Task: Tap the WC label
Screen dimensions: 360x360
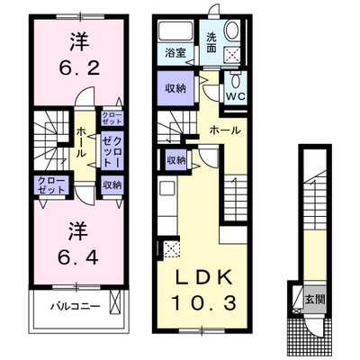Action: click(236, 96)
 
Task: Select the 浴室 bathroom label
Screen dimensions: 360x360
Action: click(175, 53)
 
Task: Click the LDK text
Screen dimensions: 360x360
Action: click(204, 277)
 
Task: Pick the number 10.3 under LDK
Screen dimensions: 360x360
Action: click(203, 302)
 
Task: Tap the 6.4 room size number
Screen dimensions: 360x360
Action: click(78, 256)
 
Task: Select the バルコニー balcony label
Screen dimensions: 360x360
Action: click(75, 307)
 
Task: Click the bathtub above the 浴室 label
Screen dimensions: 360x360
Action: click(175, 31)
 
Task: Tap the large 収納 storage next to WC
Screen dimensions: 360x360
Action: click(175, 88)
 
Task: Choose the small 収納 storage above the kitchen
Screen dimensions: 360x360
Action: click(176, 160)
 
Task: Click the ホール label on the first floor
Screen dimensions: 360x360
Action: click(225, 130)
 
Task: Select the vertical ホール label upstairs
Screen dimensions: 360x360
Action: click(81, 142)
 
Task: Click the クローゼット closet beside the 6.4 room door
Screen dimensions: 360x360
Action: click(50, 185)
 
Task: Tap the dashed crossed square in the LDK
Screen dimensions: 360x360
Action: click(171, 250)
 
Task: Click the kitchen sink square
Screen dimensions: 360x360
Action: click(166, 189)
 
